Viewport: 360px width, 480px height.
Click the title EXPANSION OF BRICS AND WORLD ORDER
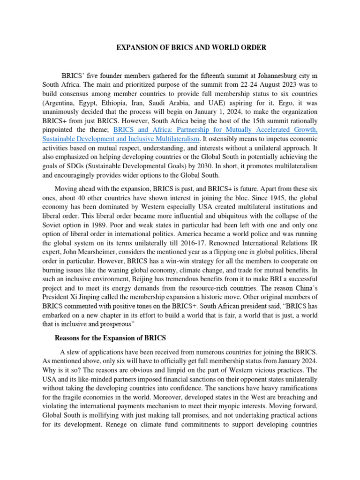point(191,47)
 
